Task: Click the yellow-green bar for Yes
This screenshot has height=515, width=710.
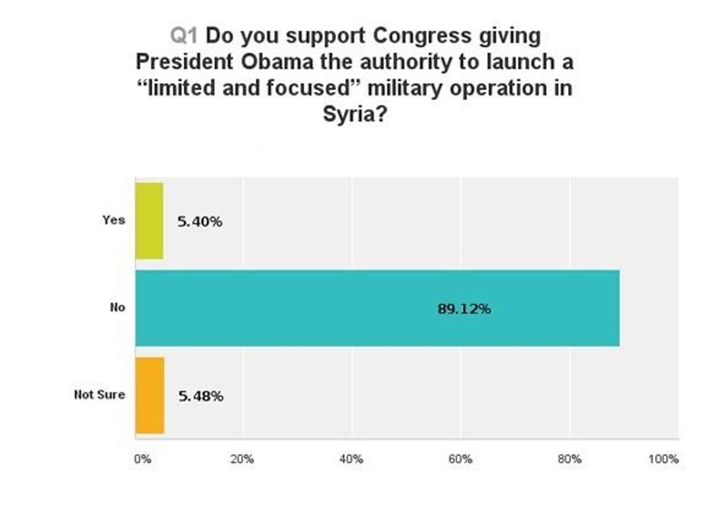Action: [x=149, y=221]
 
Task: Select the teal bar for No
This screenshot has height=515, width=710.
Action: [x=377, y=308]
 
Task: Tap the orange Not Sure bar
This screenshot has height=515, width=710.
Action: [x=150, y=395]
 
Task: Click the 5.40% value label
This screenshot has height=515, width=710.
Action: [x=199, y=222]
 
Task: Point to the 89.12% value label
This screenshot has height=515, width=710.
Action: [x=464, y=309]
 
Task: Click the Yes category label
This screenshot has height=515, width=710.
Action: [x=114, y=220]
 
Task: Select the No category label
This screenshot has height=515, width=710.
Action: [x=117, y=308]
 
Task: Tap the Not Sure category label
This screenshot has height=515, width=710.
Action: [x=99, y=395]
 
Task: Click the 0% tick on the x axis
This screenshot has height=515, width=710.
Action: [x=142, y=459]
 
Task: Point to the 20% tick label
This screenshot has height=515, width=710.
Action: [x=243, y=459]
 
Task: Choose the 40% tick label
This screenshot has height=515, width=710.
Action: [x=351, y=459]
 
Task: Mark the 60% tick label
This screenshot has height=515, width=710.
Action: [x=461, y=459]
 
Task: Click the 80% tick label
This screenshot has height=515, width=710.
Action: [x=570, y=459]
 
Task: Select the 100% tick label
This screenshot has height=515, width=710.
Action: [x=664, y=459]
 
